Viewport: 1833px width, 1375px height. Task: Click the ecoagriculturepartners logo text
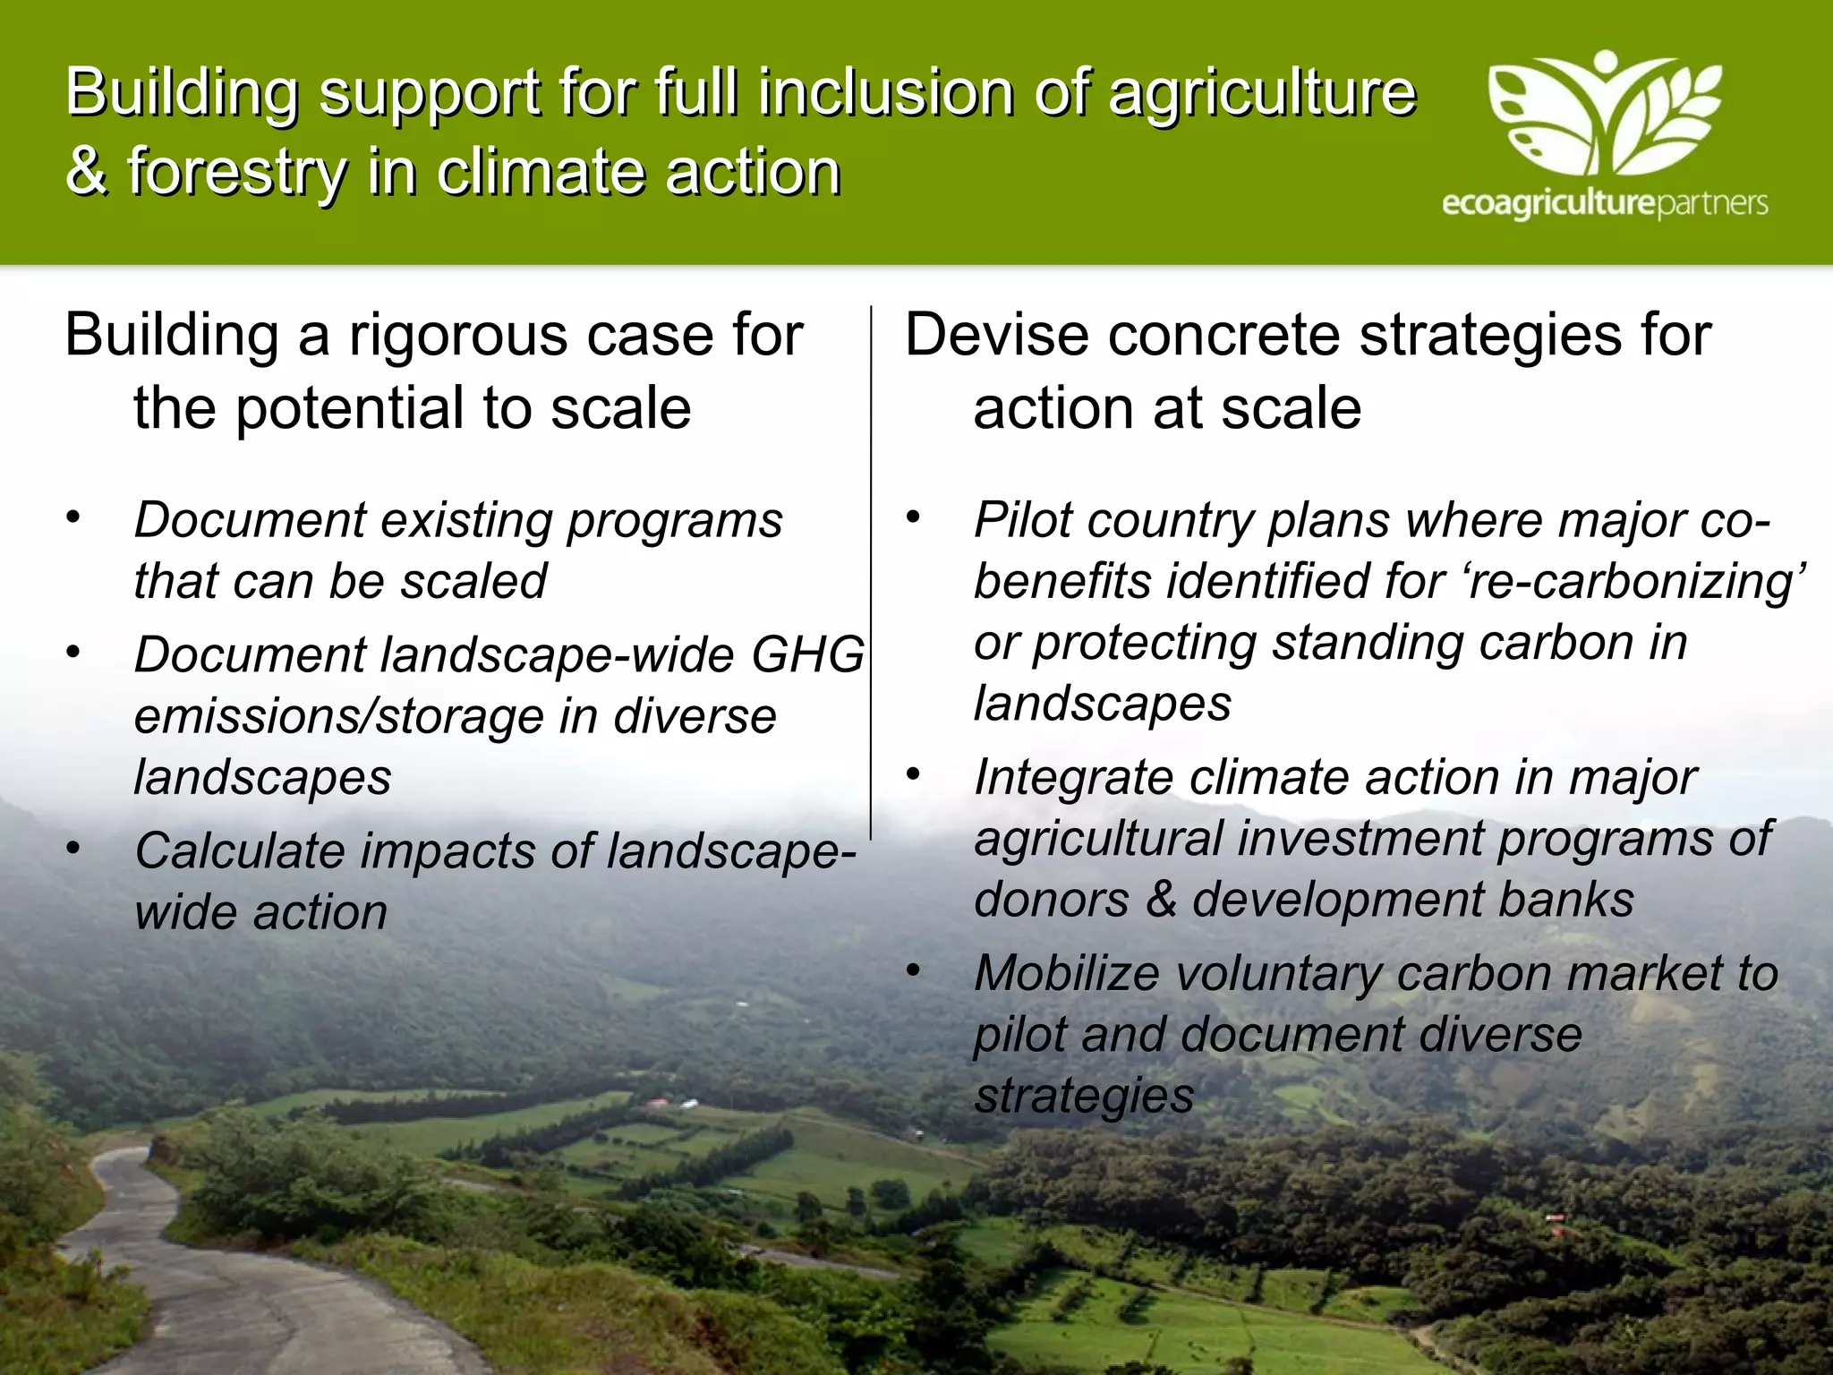1604,204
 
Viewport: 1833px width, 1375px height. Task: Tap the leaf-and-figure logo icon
1604,115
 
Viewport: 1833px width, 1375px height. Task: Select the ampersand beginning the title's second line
86,172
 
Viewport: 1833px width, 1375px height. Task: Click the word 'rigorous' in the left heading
459,337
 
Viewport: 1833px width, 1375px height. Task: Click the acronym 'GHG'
808,654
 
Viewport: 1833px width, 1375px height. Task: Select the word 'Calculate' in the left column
239,850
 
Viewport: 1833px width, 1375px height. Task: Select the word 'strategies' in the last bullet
1084,1096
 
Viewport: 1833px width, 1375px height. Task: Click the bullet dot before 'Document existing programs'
73,517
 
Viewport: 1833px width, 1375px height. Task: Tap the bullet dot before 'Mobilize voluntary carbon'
913,969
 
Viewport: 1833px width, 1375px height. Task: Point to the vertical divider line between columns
871,573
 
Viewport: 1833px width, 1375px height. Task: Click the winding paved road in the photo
179,1271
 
